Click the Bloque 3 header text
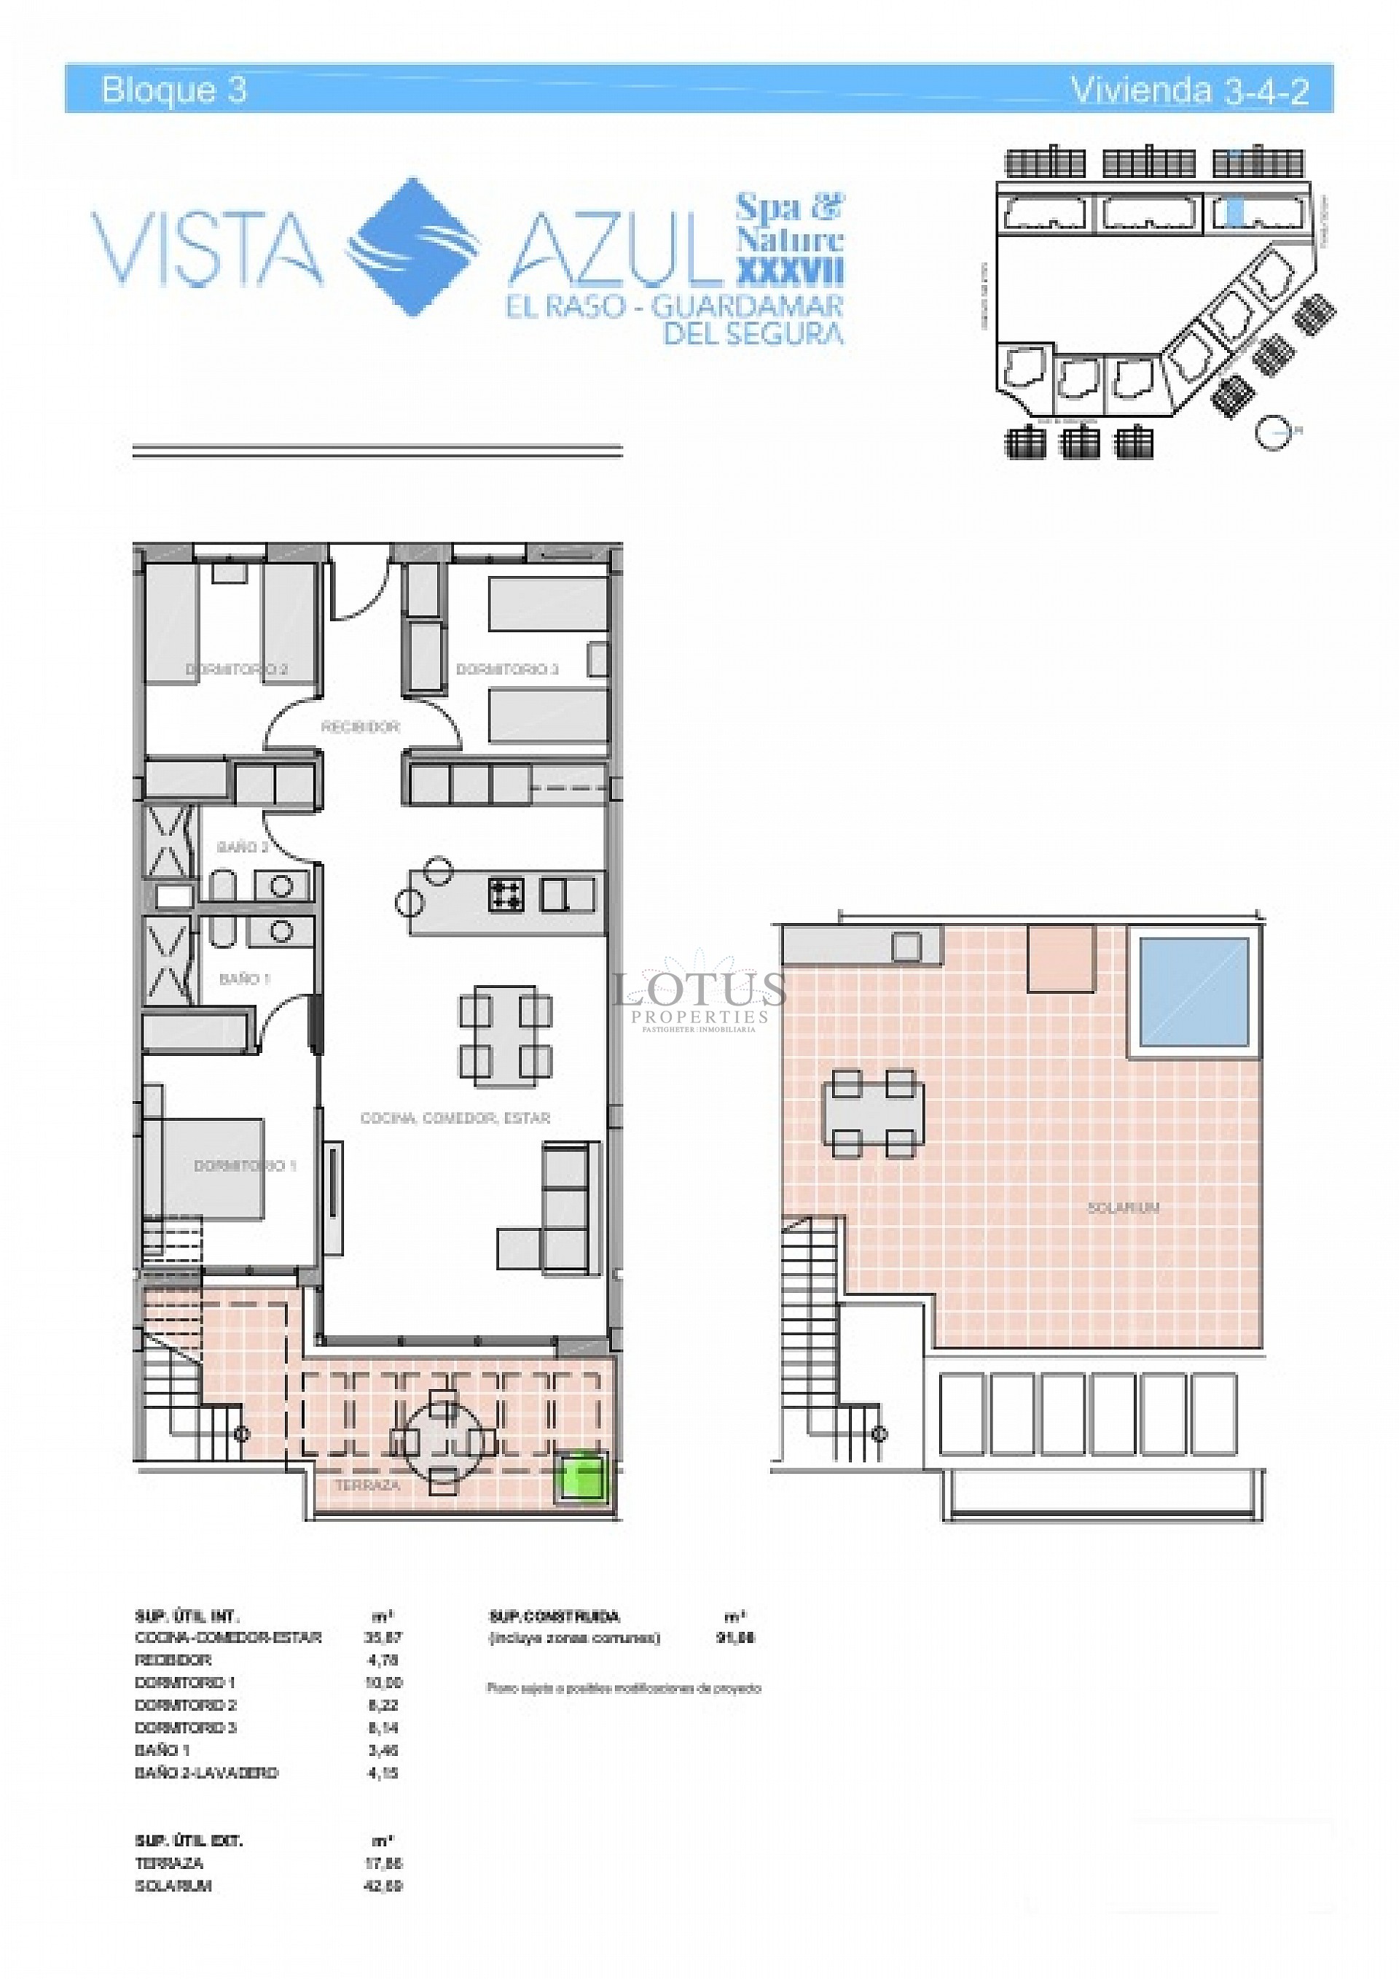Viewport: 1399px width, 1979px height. point(174,90)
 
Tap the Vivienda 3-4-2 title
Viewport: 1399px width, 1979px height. point(1189,90)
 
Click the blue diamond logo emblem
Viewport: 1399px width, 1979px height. point(412,246)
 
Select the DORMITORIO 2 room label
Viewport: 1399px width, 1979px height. point(237,669)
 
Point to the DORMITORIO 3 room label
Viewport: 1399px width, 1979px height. point(507,669)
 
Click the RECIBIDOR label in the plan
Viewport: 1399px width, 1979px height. point(360,726)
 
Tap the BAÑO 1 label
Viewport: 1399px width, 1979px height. point(245,979)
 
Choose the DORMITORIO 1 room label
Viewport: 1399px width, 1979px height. point(245,1165)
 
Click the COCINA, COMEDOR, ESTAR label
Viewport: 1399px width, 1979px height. point(455,1118)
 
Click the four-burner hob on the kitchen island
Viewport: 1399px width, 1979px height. point(506,894)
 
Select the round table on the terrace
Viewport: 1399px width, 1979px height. point(444,1439)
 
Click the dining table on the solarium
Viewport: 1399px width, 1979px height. point(873,1113)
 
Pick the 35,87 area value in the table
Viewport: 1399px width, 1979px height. point(383,1637)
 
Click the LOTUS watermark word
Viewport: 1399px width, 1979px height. point(699,990)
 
